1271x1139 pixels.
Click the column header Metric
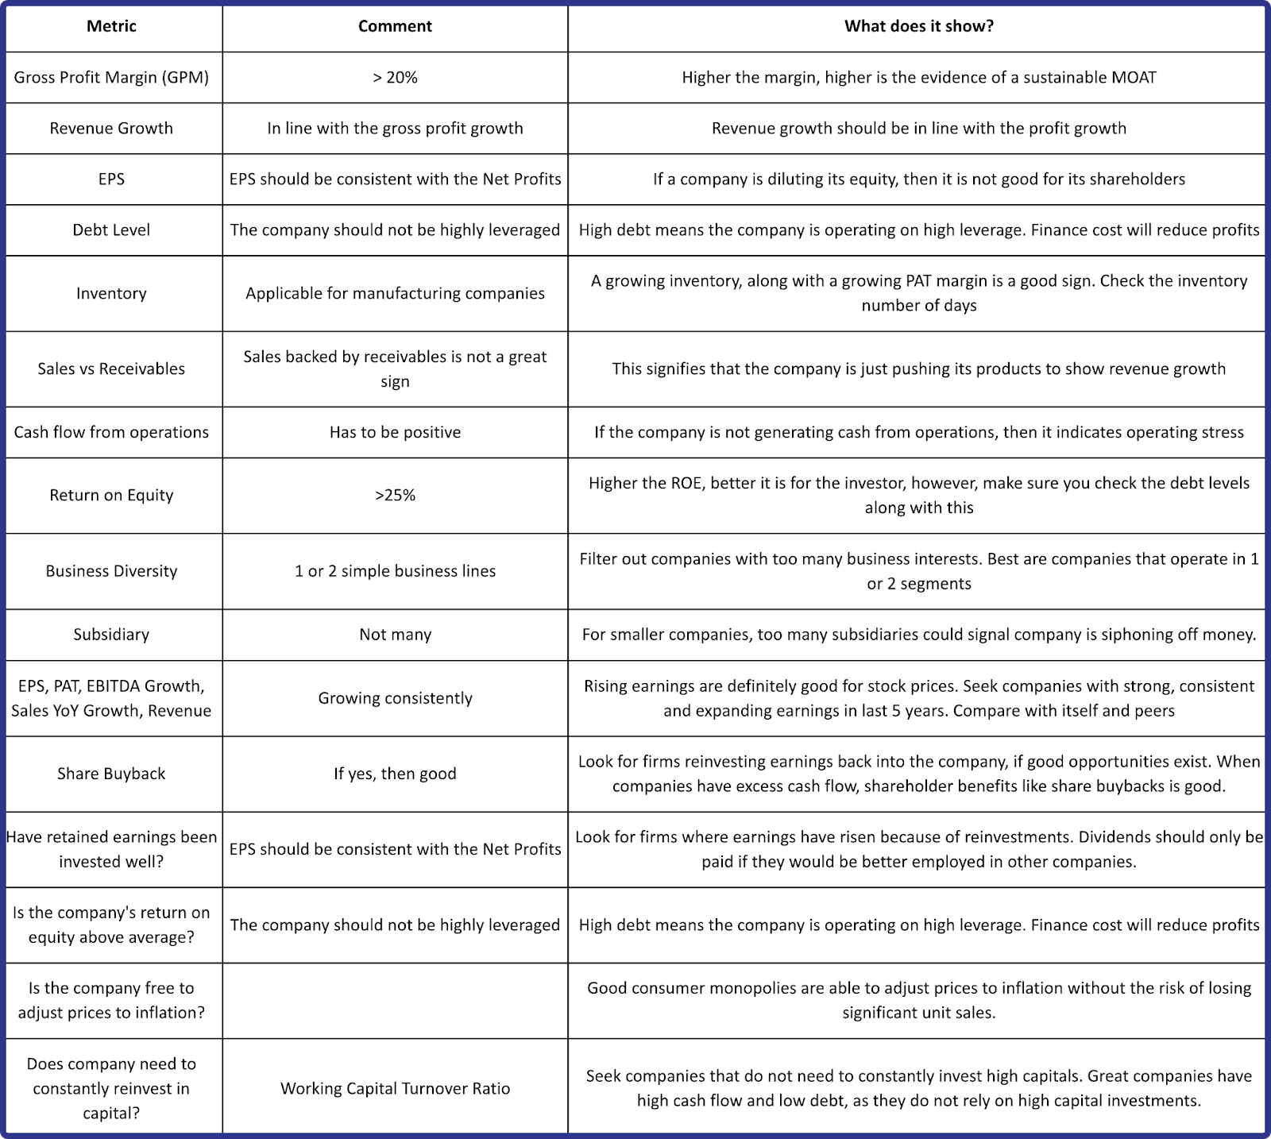(x=111, y=26)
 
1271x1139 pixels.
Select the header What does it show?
(x=918, y=26)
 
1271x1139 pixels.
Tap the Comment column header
(x=395, y=26)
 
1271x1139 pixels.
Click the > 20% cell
(x=395, y=77)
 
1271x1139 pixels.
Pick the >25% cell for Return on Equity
(x=395, y=495)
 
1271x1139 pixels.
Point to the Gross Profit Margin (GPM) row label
(x=111, y=77)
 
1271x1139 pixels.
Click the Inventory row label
(x=111, y=293)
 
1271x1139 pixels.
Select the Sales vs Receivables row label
(x=111, y=369)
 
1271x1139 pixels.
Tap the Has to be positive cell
(x=395, y=432)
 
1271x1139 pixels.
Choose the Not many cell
(x=395, y=635)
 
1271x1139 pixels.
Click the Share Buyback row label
(x=111, y=774)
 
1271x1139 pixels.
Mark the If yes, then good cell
(x=395, y=774)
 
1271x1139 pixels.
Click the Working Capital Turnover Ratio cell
(x=395, y=1088)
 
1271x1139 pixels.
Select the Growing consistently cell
(x=395, y=698)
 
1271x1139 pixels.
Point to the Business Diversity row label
(x=111, y=571)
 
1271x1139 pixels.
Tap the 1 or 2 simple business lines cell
(x=395, y=571)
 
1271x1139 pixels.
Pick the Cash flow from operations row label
(x=111, y=432)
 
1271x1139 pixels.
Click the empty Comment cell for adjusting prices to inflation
(x=395, y=1001)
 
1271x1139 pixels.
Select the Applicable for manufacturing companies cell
(x=395, y=293)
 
